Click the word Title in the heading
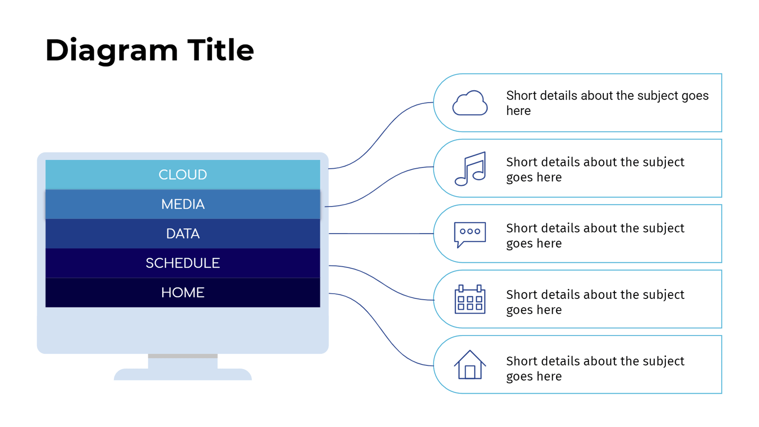click(x=221, y=50)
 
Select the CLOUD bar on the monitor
click(x=183, y=174)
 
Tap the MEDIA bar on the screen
click(x=183, y=204)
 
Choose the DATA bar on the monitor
click(x=183, y=234)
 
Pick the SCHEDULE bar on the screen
click(x=183, y=263)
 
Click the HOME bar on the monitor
click(x=183, y=293)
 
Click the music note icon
click(x=470, y=168)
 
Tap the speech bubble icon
click(x=470, y=234)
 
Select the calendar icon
click(x=470, y=299)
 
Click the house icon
click(x=470, y=365)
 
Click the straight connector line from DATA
click(x=381, y=234)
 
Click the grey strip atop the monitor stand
click(x=183, y=356)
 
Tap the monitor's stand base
click(x=183, y=374)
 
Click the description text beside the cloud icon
click(x=607, y=103)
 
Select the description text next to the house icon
click(x=595, y=368)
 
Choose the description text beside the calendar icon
click(x=595, y=302)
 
